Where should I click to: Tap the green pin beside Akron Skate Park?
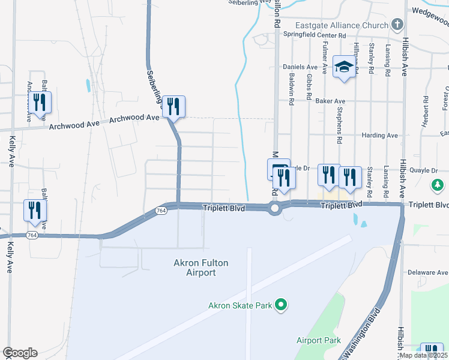point(280,305)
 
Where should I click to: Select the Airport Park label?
point(318,340)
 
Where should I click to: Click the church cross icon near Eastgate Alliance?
point(397,25)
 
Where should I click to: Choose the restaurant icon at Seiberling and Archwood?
point(173,107)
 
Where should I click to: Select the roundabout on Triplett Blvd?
point(275,209)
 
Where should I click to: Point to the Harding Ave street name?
point(380,136)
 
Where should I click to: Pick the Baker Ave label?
point(331,101)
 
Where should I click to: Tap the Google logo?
point(20,353)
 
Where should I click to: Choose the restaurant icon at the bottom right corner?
point(432,352)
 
